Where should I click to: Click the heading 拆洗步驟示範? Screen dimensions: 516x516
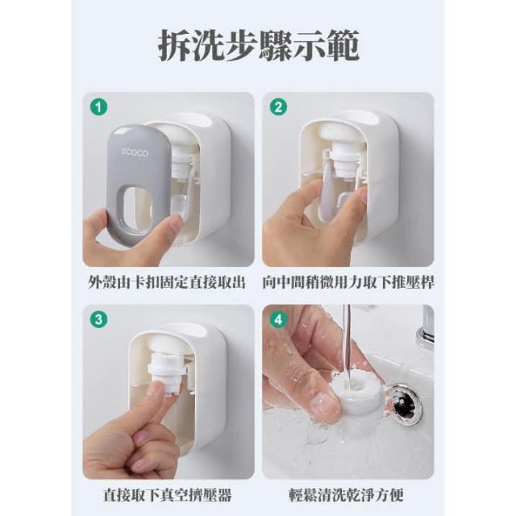(x=258, y=45)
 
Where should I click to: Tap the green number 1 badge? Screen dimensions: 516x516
(x=98, y=106)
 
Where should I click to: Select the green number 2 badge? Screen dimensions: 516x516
(x=278, y=106)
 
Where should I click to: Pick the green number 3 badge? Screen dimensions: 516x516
(x=98, y=319)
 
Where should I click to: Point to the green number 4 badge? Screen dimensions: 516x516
(x=278, y=319)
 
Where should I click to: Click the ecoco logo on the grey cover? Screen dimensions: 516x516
(x=135, y=152)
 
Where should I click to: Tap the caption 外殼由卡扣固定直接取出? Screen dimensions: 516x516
(x=167, y=282)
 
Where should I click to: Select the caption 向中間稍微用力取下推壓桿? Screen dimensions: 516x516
(x=348, y=282)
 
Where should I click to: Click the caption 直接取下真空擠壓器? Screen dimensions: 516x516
(x=168, y=494)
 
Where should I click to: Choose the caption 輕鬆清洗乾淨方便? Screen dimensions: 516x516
(x=347, y=494)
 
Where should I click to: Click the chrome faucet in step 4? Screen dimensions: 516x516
(x=426, y=325)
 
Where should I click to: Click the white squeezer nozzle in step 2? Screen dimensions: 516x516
(x=346, y=160)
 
